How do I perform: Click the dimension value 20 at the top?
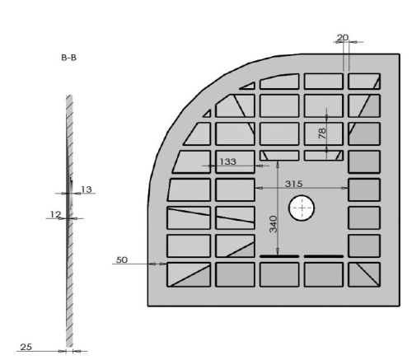pos(344,38)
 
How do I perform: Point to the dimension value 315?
pos(285,183)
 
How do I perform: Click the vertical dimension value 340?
pos(273,222)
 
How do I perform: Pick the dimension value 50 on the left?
pos(121,259)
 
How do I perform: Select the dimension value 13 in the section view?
pos(86,189)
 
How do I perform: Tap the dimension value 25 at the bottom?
pos(26,347)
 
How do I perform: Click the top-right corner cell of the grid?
pos(363,81)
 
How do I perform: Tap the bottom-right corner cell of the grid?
pos(363,274)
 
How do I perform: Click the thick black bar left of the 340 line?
pos(279,257)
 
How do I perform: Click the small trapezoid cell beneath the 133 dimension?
pos(279,155)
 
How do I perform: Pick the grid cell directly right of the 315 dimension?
pos(363,189)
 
